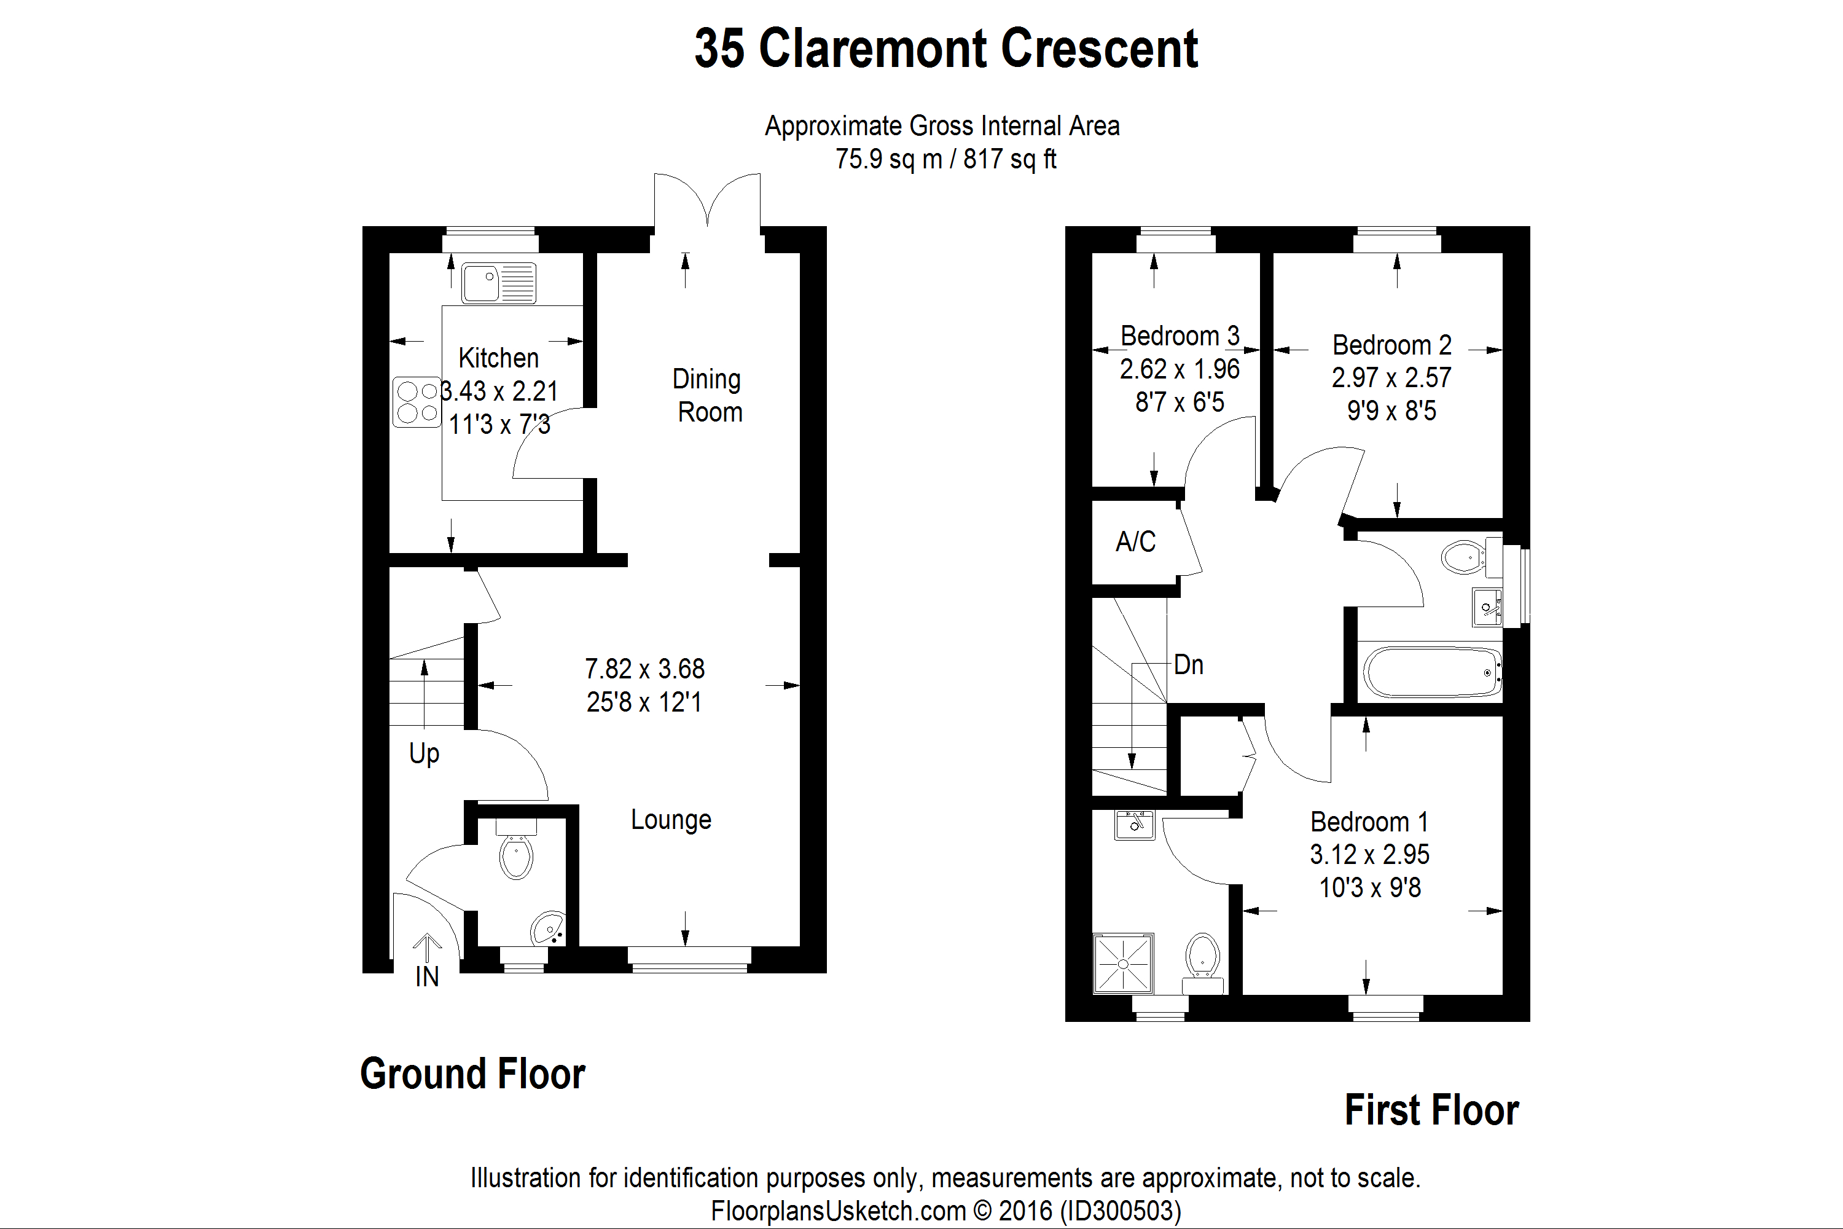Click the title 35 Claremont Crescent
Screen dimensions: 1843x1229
946,49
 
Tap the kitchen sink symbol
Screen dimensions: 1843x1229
498,282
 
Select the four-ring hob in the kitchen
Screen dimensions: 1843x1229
416,403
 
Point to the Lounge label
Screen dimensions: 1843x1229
671,819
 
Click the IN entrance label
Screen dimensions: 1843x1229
427,976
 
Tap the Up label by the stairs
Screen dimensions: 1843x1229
424,753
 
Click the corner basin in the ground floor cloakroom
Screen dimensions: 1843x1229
549,929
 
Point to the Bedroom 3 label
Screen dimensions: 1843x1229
1180,336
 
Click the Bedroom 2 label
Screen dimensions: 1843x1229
1391,345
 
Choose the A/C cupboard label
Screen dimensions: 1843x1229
1135,541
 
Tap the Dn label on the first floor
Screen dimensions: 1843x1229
1188,665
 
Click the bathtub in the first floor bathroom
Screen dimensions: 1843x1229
1430,672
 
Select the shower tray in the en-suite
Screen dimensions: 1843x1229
1124,962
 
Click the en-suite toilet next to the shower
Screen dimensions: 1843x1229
1202,960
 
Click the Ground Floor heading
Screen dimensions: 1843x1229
472,1074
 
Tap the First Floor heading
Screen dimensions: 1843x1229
1431,1110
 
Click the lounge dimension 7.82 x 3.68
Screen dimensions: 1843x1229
644,669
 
